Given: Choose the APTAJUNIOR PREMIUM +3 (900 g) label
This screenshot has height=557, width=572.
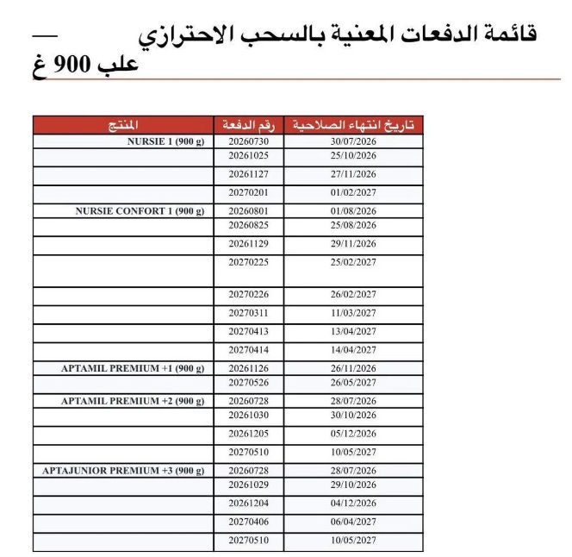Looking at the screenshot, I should (x=123, y=470).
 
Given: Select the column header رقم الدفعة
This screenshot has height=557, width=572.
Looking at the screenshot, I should (x=248, y=125).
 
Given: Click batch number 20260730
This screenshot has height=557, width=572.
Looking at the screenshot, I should (x=247, y=140).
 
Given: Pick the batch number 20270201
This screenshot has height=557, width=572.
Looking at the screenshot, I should (x=247, y=192).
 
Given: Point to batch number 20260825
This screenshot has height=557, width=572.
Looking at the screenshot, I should (x=247, y=224).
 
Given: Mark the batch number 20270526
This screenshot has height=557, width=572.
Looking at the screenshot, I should (x=247, y=381).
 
